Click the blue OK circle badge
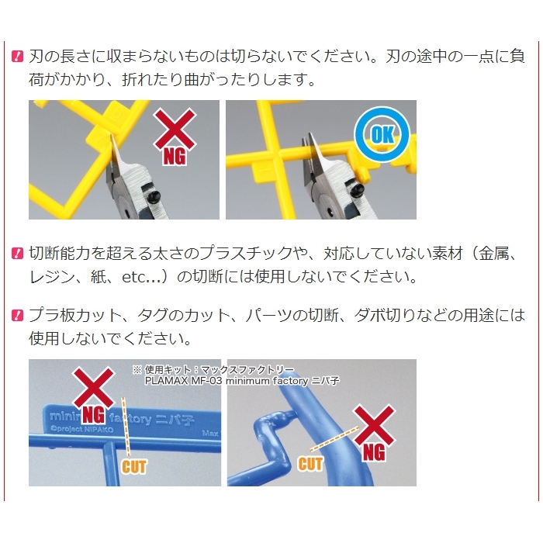click(382, 134)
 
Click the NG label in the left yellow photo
click(175, 157)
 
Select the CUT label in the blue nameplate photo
click(134, 466)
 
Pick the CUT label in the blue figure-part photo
click(310, 463)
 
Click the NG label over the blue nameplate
click(94, 414)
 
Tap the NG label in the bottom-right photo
click(374, 452)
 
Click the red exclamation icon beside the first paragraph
click(17, 57)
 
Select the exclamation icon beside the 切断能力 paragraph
click(17, 254)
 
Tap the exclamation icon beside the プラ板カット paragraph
click(17, 315)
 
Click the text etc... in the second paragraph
click(141, 277)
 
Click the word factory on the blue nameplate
click(131, 419)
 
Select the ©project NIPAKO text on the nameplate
click(82, 430)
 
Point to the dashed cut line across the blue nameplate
click(126, 427)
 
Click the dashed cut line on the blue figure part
click(334, 439)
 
